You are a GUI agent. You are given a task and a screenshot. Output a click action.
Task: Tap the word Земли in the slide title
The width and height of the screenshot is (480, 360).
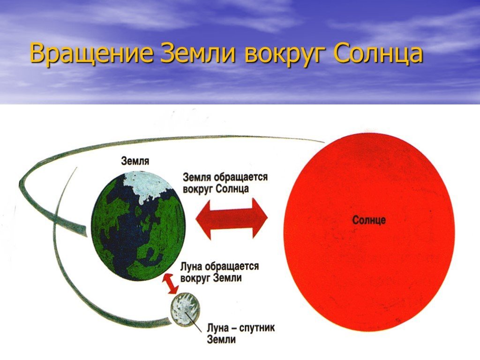tap(198, 53)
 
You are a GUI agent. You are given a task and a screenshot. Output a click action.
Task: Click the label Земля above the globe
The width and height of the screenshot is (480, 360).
tap(135, 161)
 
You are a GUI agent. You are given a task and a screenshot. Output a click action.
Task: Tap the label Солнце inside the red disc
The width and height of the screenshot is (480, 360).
tap(369, 220)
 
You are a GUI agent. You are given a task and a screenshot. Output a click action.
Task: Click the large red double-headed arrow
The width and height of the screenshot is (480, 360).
tap(232, 218)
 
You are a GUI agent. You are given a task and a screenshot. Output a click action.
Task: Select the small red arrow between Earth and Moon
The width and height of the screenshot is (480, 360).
tap(170, 284)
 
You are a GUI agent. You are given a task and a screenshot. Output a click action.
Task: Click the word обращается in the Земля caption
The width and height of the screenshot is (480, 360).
tap(240, 178)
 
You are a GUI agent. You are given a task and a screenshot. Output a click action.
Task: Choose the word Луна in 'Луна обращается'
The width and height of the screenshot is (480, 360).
tap(191, 267)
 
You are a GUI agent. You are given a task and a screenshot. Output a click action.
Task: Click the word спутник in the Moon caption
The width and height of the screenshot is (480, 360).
tap(257, 328)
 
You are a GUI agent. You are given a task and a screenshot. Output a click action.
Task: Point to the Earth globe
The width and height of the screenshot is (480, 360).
tap(138, 226)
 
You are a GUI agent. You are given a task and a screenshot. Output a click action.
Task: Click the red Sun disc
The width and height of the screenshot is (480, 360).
tap(368, 232)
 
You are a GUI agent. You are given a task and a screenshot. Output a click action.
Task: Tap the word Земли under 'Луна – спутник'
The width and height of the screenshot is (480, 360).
tap(221, 339)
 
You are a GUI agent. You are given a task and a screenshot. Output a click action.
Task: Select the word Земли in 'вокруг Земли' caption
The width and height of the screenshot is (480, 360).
tap(227, 278)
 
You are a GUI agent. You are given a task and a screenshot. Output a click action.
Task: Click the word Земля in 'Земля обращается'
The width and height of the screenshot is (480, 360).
tap(197, 178)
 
